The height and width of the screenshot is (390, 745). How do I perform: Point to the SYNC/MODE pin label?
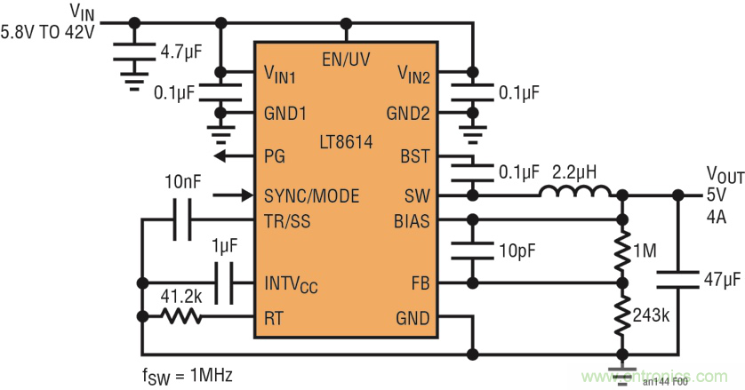(x=311, y=195)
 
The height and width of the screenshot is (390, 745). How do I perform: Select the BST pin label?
(x=415, y=155)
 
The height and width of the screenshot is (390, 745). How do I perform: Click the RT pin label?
(x=275, y=317)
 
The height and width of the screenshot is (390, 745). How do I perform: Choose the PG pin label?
(x=275, y=155)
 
